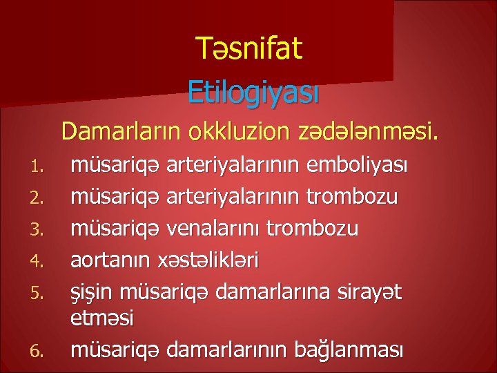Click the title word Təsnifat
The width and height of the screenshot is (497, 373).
(248, 49)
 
